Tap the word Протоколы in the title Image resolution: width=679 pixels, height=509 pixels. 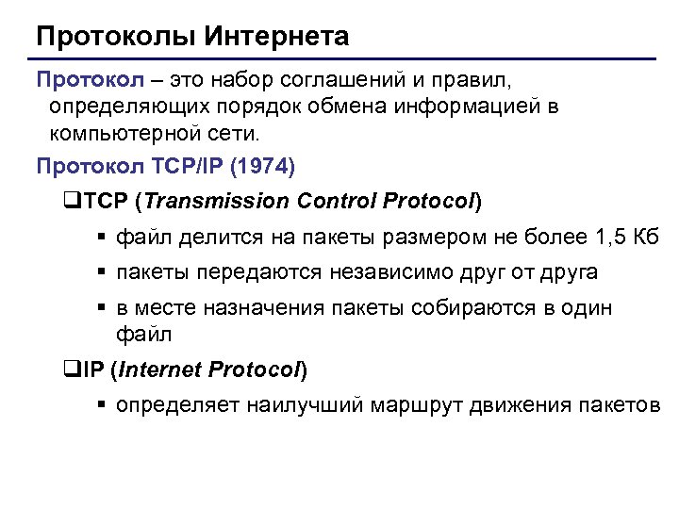(x=113, y=37)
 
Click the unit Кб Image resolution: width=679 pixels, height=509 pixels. (x=646, y=237)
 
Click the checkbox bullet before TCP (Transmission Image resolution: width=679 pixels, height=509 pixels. (x=66, y=202)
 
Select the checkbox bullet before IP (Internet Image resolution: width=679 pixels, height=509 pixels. (x=66, y=370)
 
